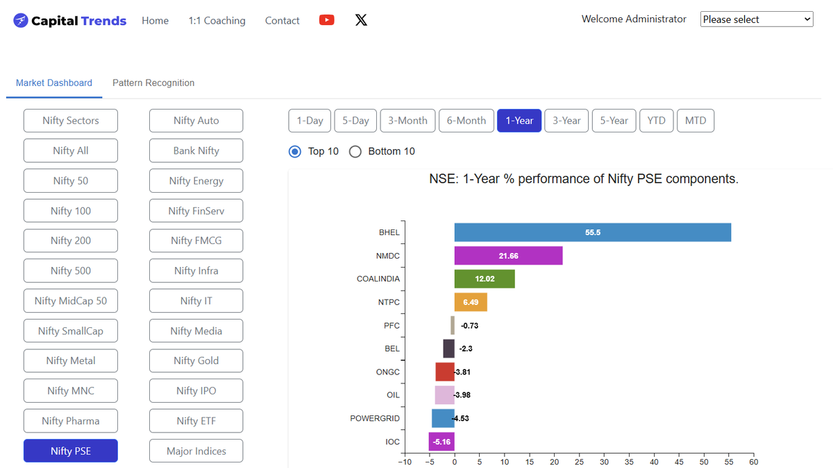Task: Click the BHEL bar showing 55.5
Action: pos(592,232)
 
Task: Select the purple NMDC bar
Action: pos(508,256)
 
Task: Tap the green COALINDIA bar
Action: pos(485,279)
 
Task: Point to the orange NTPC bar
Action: pos(471,302)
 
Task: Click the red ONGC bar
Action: pos(445,372)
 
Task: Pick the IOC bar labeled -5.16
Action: pos(441,442)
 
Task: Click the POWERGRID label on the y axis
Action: pos(375,418)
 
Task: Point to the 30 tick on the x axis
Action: pos(604,462)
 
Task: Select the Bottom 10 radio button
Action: pos(355,152)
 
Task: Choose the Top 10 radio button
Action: pos(295,152)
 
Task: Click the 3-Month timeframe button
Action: pos(407,121)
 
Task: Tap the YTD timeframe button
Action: pos(657,121)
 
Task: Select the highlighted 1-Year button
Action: pos(519,121)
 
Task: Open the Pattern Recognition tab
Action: pos(153,83)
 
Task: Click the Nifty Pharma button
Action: pos(71,421)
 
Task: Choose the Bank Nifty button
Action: pos(196,150)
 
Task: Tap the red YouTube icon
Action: pos(326,20)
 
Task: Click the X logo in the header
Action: pos(361,20)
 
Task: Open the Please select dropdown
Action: pos(757,19)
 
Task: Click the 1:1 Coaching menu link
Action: pos(217,20)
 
